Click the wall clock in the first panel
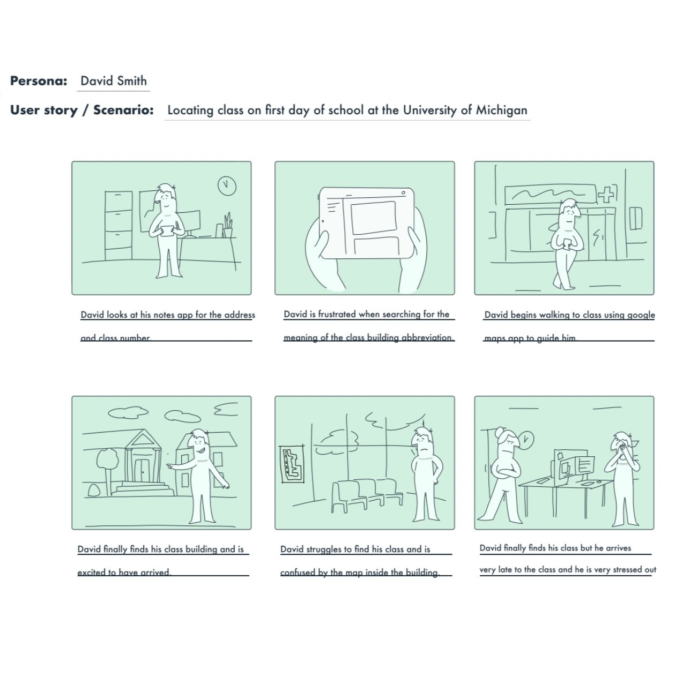(227, 185)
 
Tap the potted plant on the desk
(228, 225)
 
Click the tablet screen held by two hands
(367, 222)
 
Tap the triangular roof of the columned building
(143, 439)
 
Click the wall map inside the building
(292, 464)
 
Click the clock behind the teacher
(526, 440)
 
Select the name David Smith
(114, 81)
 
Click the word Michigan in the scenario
(501, 110)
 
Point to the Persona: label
(39, 81)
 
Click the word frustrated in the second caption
(336, 314)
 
